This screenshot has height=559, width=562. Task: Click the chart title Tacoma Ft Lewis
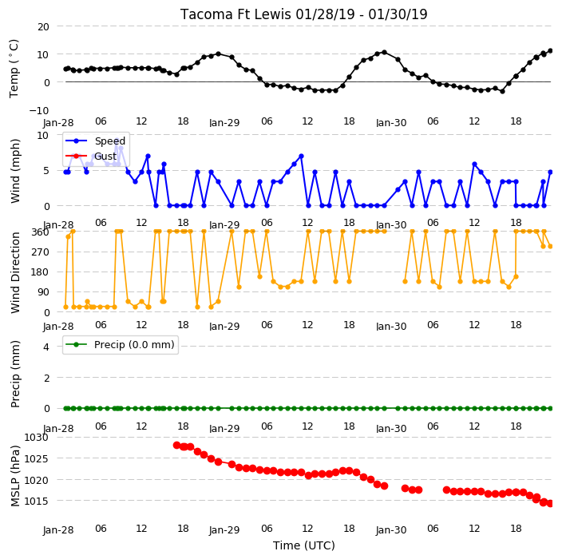pyautogui.click(x=235, y=14)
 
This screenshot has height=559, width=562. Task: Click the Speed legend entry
pyautogui.click(x=95, y=141)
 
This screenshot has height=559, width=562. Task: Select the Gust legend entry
pyautogui.click(x=91, y=156)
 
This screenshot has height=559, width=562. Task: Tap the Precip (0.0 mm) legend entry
pyautogui.click(x=120, y=344)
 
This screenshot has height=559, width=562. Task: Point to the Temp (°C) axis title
pyautogui.click(x=14, y=68)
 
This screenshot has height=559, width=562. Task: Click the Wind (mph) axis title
pyautogui.click(x=14, y=171)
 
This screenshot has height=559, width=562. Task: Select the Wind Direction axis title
pyautogui.click(x=14, y=273)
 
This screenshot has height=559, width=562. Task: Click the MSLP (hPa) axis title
pyautogui.click(x=14, y=476)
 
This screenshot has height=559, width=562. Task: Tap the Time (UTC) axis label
pyautogui.click(x=304, y=545)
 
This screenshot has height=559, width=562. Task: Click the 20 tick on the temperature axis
pyautogui.click(x=43, y=26)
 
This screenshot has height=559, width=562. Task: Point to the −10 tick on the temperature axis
pyautogui.click(x=39, y=110)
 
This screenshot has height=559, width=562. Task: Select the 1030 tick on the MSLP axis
pyautogui.click(x=36, y=438)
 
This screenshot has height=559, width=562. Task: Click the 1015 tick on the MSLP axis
pyautogui.click(x=36, y=501)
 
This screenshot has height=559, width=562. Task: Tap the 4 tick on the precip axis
pyautogui.click(x=46, y=347)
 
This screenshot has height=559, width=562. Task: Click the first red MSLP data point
pyautogui.click(x=176, y=446)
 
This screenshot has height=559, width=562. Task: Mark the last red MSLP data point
pyautogui.click(x=551, y=503)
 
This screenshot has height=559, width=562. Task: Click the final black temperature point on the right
pyautogui.click(x=551, y=51)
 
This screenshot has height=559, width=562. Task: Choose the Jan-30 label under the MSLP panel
pyautogui.click(x=391, y=530)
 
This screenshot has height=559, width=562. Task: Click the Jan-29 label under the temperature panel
pyautogui.click(x=224, y=123)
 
